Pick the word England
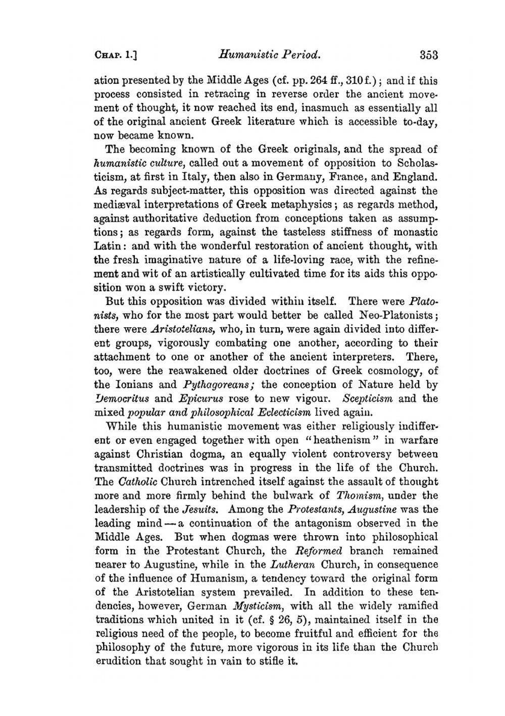click(x=412, y=177)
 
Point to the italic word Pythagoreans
click(x=217, y=384)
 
